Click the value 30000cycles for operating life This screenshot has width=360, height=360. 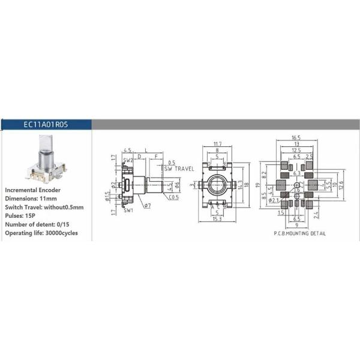tap(60, 233)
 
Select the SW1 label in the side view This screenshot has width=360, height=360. tap(128, 211)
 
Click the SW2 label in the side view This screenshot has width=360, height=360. tap(128, 161)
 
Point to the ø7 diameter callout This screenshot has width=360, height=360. tap(147, 206)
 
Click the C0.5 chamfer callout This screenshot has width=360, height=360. tap(174, 197)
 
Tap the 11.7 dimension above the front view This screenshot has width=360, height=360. tap(217, 144)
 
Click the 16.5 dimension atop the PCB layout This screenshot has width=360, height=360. tap(296, 138)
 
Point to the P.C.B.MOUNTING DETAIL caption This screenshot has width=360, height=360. tap(296, 232)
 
